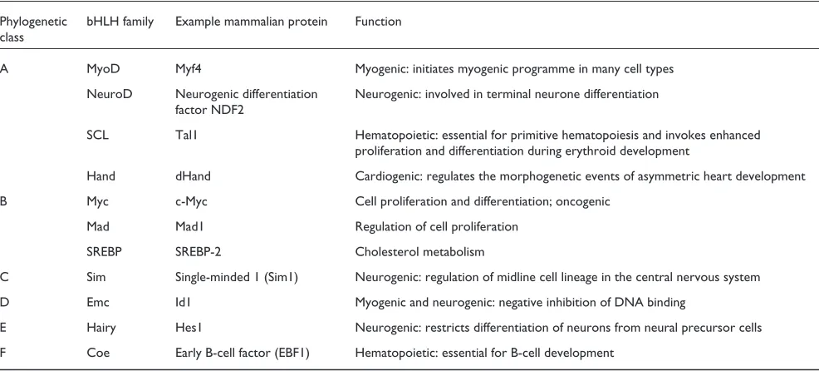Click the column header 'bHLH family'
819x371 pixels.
pyautogui.click(x=120, y=22)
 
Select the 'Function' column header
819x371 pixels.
pyautogui.click(x=378, y=22)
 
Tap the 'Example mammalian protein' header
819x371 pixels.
pyautogui.click(x=251, y=22)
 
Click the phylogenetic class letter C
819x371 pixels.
pyautogui.click(x=4, y=277)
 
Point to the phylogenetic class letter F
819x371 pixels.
pyautogui.click(x=3, y=354)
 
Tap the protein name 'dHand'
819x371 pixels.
pyautogui.click(x=194, y=176)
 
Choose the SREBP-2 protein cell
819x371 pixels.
pyautogui.click(x=199, y=252)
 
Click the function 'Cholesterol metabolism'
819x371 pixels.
pyautogui.click(x=420, y=252)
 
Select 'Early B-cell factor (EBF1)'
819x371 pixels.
pyautogui.click(x=243, y=354)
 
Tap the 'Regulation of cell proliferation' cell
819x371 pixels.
pyautogui.click(x=437, y=227)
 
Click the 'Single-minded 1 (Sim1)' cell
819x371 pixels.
pyautogui.click(x=237, y=277)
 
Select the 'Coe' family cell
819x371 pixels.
pyautogui.click(x=97, y=354)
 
